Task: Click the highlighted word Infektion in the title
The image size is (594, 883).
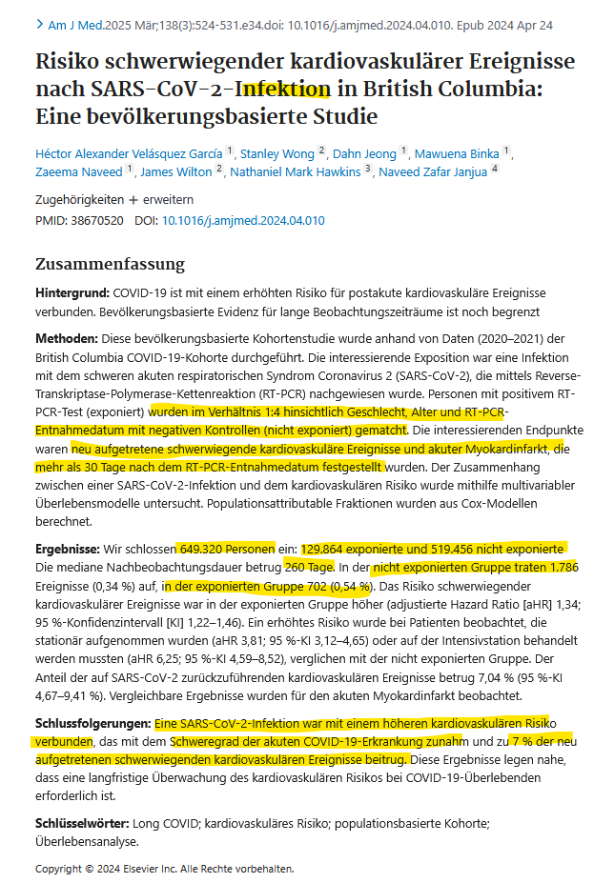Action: click(283, 90)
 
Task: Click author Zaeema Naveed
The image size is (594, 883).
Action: click(78, 172)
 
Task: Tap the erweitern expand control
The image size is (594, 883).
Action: click(169, 200)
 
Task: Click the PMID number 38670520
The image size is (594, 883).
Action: click(97, 220)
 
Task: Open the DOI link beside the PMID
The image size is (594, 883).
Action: click(243, 220)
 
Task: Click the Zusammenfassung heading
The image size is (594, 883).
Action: click(110, 264)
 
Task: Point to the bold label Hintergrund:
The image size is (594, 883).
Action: click(72, 293)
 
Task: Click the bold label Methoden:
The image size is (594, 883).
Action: click(67, 339)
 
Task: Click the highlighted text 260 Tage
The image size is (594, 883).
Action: click(309, 567)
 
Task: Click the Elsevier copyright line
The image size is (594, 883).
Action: click(164, 869)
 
